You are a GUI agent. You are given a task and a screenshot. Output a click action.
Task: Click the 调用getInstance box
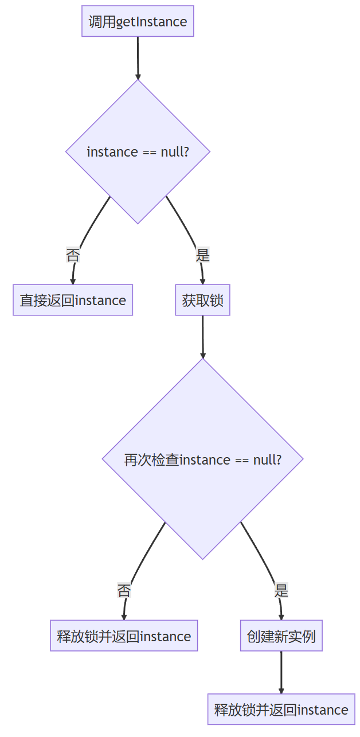138,22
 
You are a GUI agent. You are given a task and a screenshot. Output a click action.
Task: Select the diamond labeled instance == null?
138,151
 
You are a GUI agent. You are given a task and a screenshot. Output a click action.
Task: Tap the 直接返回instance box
73,300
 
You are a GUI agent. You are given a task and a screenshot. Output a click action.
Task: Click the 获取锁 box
202,300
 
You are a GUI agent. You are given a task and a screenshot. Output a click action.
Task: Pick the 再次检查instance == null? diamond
202,459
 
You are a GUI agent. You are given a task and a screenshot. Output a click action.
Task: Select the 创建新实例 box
281,636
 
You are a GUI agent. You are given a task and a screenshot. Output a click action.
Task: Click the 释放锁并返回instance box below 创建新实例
281,709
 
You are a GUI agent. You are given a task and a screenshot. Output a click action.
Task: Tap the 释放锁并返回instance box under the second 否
124,636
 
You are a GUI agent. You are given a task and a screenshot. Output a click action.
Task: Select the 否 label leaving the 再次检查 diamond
124,591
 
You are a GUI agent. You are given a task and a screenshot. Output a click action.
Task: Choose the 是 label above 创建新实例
281,591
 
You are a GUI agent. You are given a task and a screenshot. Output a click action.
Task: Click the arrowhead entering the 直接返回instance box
73,281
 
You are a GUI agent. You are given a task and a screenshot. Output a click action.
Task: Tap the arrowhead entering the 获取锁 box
202,281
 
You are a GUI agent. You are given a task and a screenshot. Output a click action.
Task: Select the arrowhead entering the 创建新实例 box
281,617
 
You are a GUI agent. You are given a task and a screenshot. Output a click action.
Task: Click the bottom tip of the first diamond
138,223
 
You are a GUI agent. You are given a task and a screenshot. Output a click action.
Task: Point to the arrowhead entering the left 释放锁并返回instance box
124,617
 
